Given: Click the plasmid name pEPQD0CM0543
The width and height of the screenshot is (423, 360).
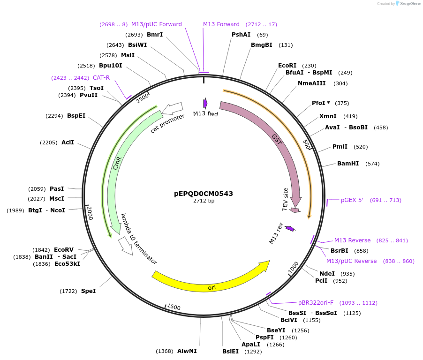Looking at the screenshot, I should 204,193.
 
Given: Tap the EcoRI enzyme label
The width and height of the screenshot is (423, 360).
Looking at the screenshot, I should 287,66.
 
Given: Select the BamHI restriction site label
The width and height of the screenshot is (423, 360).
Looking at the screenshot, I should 348,164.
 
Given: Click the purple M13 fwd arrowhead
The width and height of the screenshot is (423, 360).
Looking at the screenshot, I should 205,103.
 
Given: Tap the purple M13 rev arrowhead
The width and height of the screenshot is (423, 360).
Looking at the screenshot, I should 290,228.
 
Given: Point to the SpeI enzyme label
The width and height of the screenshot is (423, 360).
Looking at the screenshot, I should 88,291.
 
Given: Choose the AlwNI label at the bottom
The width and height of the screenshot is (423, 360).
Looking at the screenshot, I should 187,351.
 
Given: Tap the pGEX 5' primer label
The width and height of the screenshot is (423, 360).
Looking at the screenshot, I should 352,200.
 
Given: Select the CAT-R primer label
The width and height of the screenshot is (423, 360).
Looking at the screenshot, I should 101,78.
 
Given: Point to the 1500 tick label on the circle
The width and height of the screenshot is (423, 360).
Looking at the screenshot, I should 174,307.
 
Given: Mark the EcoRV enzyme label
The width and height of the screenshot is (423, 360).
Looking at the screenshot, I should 64,250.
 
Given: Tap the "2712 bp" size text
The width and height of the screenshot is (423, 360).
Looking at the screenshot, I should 204,201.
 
